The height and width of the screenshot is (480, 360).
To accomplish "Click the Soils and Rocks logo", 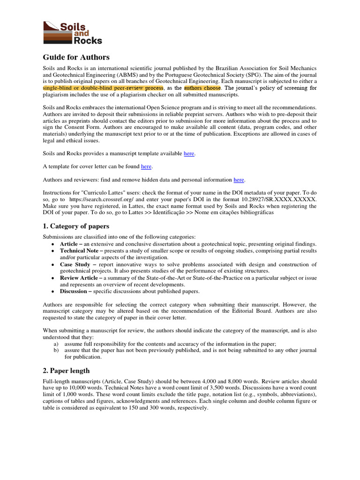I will click(x=72, y=32).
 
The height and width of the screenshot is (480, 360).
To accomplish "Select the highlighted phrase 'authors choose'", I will click(x=202, y=88).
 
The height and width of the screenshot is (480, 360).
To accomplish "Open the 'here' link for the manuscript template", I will click(x=189, y=153).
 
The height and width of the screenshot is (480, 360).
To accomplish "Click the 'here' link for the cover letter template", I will click(x=146, y=166).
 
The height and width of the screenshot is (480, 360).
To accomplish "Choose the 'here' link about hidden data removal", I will click(x=239, y=180).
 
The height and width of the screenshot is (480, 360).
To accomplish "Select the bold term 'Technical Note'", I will click(x=78, y=251).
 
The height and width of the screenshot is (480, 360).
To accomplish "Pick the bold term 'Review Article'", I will click(x=79, y=278).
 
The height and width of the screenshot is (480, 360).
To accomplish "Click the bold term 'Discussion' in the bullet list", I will click(x=74, y=291).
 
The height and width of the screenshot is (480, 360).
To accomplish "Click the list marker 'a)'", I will click(x=56, y=344).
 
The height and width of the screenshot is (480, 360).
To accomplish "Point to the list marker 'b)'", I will click(x=56, y=350).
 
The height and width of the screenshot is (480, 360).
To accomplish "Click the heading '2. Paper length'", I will click(x=66, y=370).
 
